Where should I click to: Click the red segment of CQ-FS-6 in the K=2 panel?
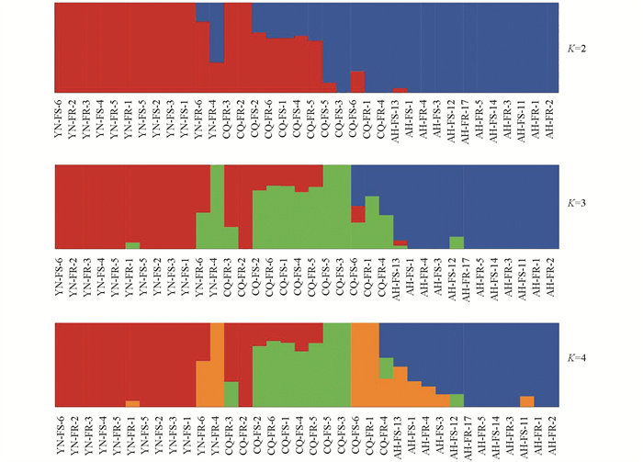[358, 81]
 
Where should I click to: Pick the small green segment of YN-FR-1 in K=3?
[132, 245]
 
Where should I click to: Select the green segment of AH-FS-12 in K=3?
[457, 242]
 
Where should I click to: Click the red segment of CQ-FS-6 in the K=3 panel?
[358, 213]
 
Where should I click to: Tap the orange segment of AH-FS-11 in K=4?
[526, 401]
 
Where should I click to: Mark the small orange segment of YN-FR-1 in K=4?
[132, 403]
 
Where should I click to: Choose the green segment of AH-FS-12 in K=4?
[457, 400]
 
